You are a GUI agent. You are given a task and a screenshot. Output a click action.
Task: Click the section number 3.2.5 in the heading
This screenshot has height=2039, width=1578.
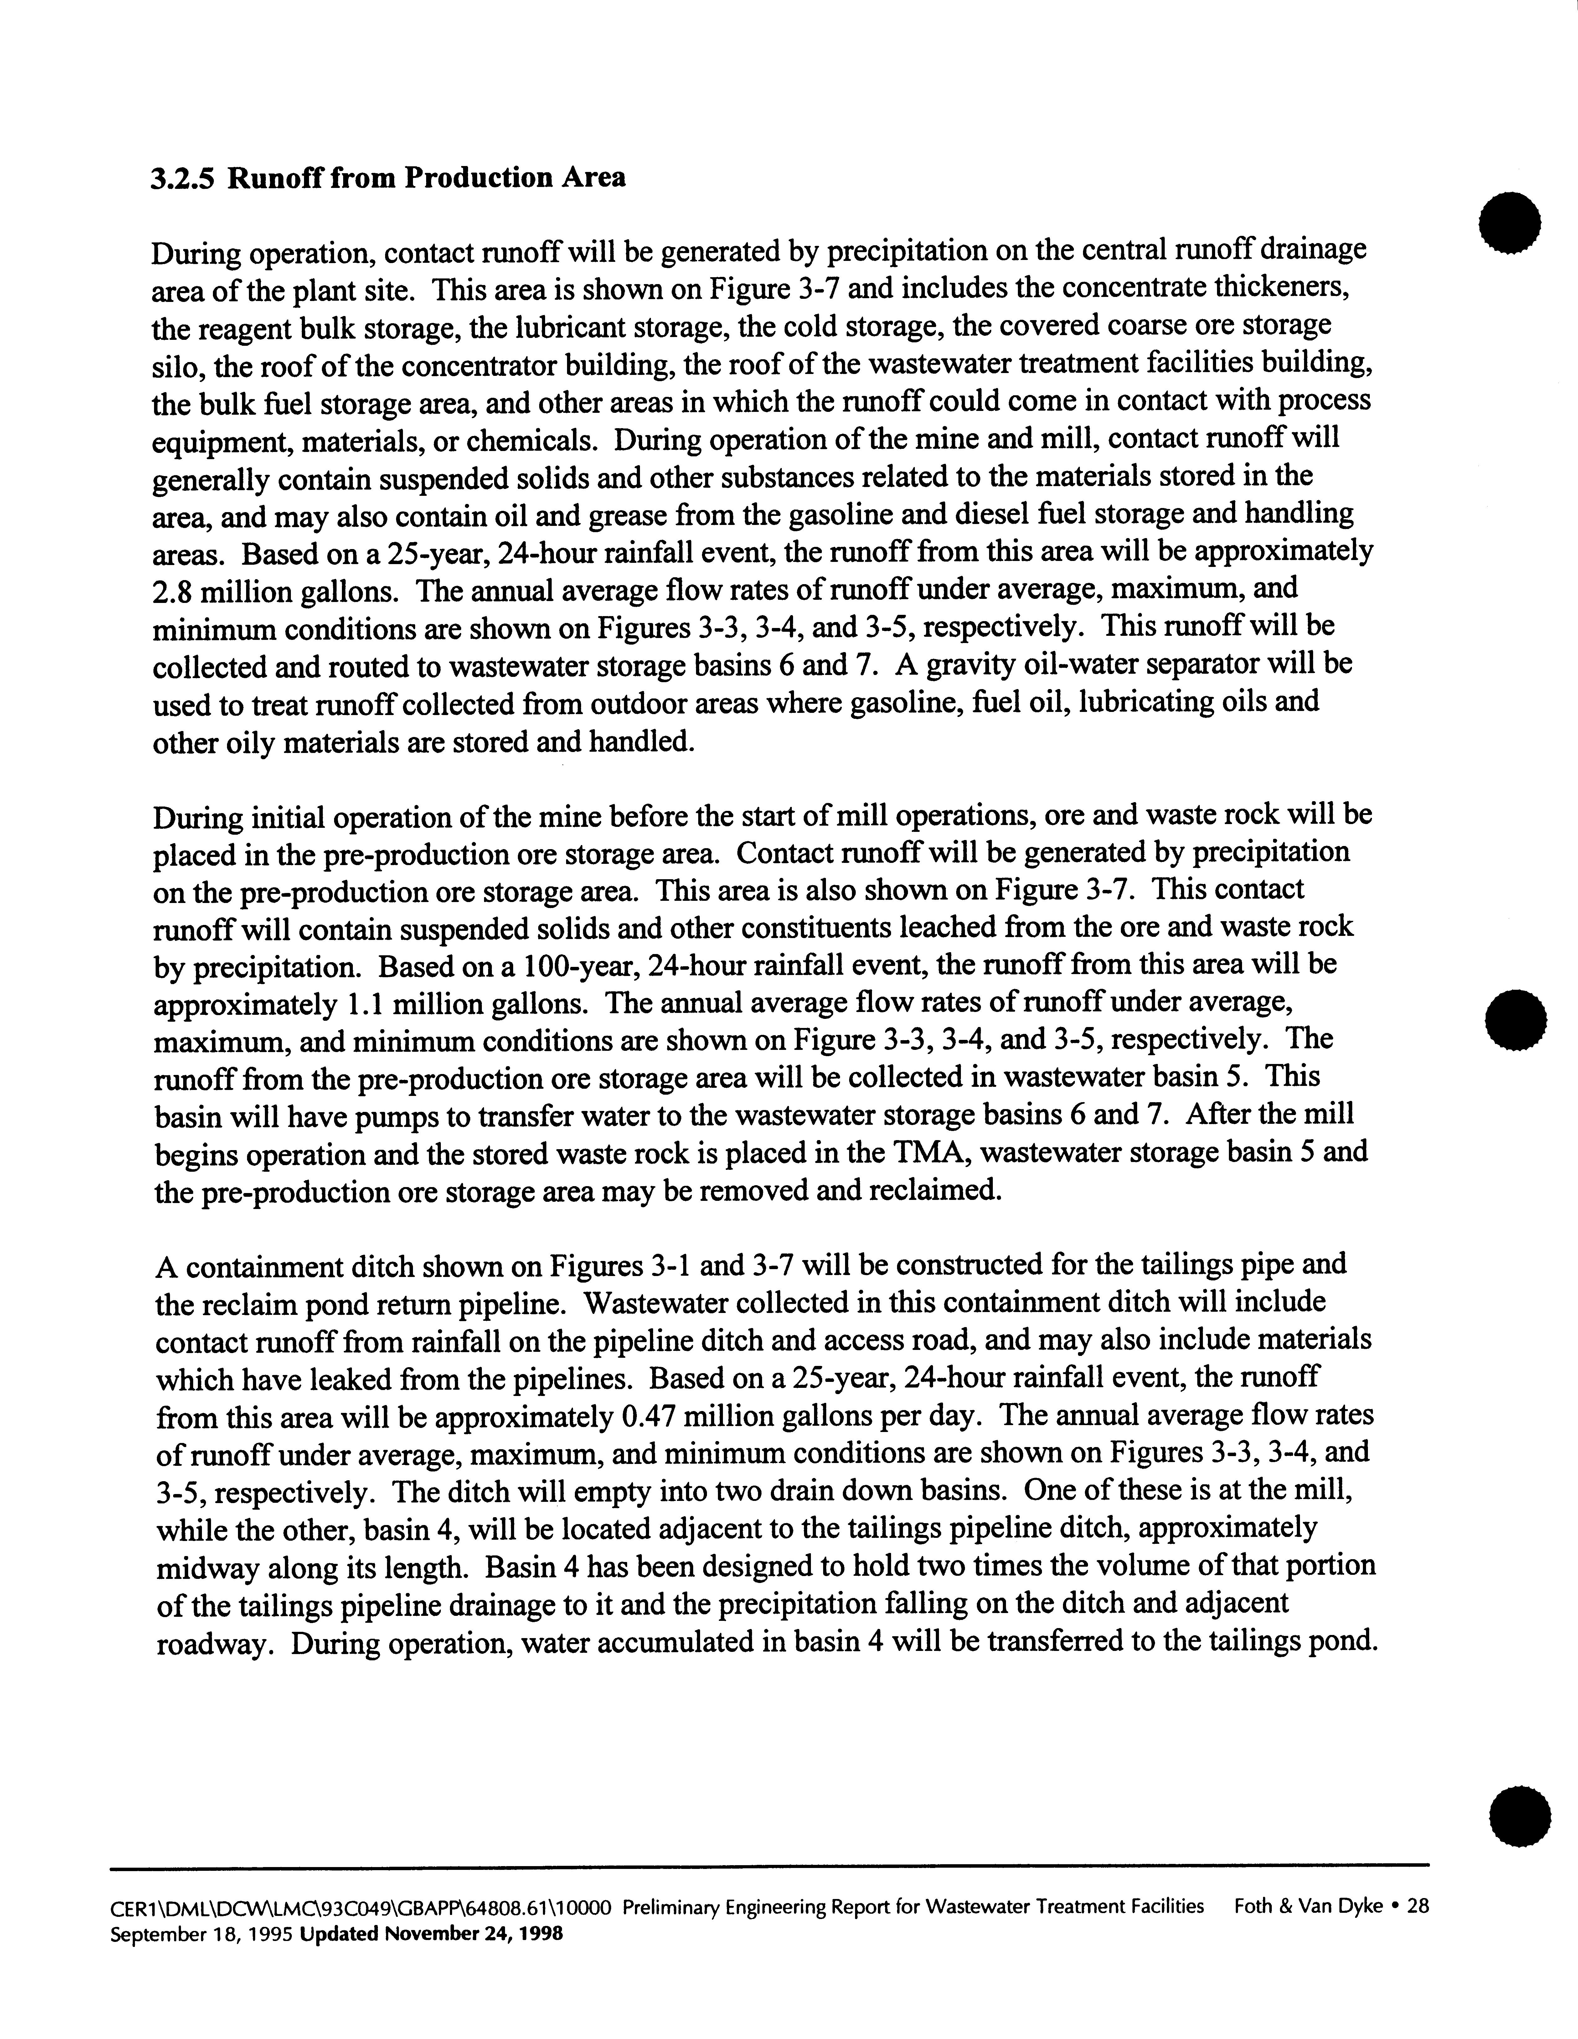click(x=184, y=177)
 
